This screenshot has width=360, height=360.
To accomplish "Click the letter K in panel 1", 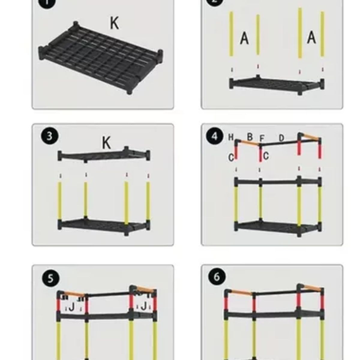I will [114, 23].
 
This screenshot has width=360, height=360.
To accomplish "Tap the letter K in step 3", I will [106, 143].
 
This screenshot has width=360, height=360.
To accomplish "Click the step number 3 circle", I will [49, 136].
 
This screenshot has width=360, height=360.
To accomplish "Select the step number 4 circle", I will [214, 136].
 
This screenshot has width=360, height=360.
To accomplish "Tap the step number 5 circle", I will [50, 278].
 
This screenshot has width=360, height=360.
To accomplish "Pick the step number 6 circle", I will [217, 277].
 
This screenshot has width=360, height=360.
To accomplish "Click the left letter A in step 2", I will [244, 38].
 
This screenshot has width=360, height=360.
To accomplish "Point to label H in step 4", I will [231, 137].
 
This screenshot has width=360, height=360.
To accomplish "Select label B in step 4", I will [250, 137].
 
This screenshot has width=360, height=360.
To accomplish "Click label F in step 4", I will [262, 139].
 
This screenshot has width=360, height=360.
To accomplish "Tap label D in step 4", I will [281, 138].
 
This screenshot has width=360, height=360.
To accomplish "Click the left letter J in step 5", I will [72, 307].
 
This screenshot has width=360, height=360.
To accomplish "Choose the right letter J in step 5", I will [144, 306].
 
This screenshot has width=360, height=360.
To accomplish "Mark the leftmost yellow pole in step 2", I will [231, 34].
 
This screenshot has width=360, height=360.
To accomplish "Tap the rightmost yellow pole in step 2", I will [322, 34].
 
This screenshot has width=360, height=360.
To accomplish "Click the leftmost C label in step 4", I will [231, 157].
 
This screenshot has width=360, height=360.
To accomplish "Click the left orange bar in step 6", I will [242, 292].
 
